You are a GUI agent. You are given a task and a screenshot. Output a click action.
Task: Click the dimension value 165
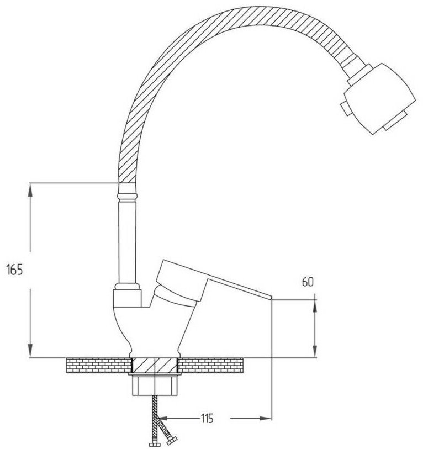tap(14, 270)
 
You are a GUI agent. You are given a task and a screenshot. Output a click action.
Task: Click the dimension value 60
tap(308, 282)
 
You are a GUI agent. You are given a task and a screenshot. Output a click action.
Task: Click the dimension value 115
tap(207, 419)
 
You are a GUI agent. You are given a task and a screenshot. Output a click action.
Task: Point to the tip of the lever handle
tap(271, 299)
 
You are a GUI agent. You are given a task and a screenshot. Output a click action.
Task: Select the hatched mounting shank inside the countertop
tap(155, 365)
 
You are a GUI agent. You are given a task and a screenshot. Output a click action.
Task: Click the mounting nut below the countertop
tap(155, 385)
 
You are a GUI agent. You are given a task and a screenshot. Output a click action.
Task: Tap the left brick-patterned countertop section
tap(98, 365)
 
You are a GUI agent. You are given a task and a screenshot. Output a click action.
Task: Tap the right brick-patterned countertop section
tap(211, 365)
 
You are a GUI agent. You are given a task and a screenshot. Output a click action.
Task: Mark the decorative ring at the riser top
tap(127, 196)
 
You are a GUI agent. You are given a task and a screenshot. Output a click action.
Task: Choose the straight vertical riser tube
tap(127, 242)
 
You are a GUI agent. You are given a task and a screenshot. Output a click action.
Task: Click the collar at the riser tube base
tap(127, 286)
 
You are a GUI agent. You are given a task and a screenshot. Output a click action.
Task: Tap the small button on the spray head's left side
tap(345, 108)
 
